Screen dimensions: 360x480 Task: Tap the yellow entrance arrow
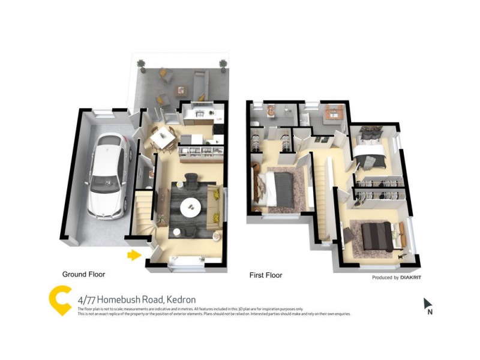(134, 256)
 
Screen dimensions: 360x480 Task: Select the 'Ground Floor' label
(83, 274)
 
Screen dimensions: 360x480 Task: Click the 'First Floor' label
(266, 275)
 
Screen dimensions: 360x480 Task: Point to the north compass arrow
(428, 304)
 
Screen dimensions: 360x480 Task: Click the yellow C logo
(60, 301)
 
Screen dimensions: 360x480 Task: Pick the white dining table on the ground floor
(161, 139)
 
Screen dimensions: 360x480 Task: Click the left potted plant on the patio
(141, 64)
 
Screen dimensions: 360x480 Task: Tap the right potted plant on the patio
(223, 64)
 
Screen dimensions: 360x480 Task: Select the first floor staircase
(324, 198)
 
